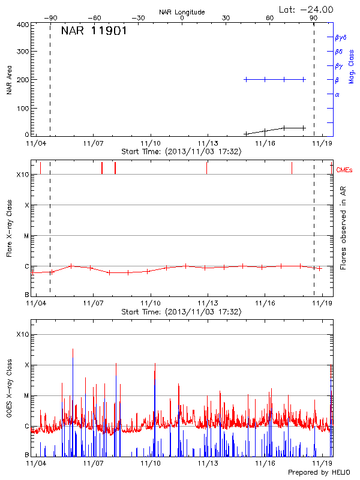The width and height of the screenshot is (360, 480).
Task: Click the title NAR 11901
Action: pyautogui.click(x=94, y=31)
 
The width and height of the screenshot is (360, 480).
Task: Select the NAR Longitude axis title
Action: pyautogui.click(x=182, y=11)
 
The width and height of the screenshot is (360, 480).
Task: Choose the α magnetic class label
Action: pyautogui.click(x=337, y=95)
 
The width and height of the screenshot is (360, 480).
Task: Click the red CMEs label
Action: pyautogui.click(x=346, y=171)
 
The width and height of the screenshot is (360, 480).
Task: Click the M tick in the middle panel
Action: pyautogui.click(x=26, y=236)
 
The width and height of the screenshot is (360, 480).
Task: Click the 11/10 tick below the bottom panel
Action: pyautogui.click(x=151, y=463)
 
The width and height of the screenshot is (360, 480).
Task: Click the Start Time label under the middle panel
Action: pyautogui.click(x=181, y=312)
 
